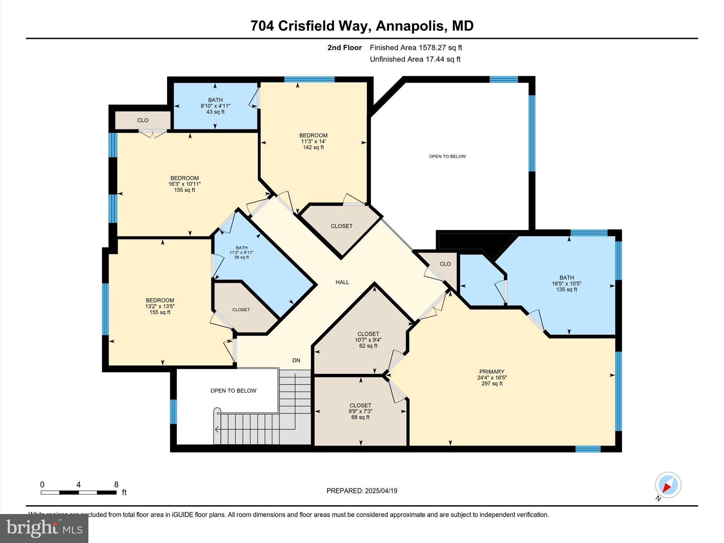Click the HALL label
click(x=342, y=282)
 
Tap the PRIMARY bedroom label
click(x=491, y=372)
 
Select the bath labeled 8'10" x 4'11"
click(x=215, y=106)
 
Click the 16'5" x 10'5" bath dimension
click(x=566, y=284)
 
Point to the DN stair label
click(x=296, y=360)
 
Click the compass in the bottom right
click(x=668, y=485)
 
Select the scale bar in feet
click(x=78, y=492)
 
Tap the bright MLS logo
click(x=44, y=528)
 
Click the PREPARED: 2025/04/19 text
click(x=362, y=491)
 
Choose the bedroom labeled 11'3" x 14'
click(x=313, y=141)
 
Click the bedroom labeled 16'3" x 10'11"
click(x=184, y=184)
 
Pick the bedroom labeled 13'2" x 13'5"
click(x=160, y=306)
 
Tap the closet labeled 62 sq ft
click(x=368, y=340)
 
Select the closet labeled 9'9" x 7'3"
click(x=360, y=411)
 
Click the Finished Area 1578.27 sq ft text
click(x=416, y=47)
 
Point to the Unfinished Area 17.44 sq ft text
click(x=415, y=59)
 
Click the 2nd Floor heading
click(x=344, y=47)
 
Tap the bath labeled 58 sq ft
click(x=241, y=252)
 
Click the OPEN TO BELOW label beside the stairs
click(x=233, y=391)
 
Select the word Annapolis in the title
click(x=409, y=26)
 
